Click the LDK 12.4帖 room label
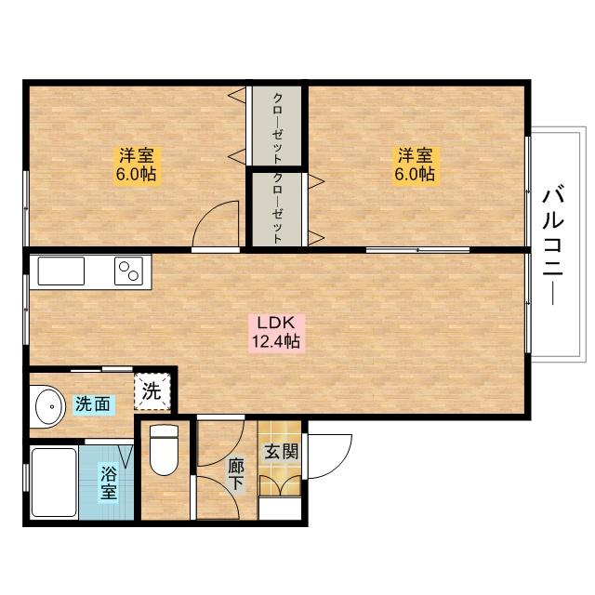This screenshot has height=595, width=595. click(x=277, y=332)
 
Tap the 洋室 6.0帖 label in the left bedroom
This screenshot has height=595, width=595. click(x=137, y=165)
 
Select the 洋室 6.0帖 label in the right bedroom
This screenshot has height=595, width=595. click(x=416, y=165)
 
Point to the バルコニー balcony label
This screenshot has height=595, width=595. click(x=553, y=245)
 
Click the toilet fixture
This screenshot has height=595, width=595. click(x=164, y=450)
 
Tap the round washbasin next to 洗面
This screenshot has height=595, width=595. click(x=48, y=407)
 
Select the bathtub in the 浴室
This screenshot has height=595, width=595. click(x=54, y=482)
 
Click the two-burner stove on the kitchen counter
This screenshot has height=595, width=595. click(x=128, y=271)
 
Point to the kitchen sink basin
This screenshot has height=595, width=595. click(x=61, y=271)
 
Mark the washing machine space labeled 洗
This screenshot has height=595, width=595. click(x=152, y=391)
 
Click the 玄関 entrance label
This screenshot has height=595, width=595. click(x=281, y=452)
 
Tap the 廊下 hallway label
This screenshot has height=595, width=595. click(x=236, y=475)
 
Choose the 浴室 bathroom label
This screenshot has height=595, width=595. click(x=109, y=483)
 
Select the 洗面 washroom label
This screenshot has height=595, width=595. click(x=93, y=404)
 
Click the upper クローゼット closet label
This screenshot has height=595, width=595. click(x=277, y=128)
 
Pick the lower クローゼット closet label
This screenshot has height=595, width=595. click(x=277, y=208)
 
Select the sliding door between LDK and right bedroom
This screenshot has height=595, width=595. click(x=417, y=250)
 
